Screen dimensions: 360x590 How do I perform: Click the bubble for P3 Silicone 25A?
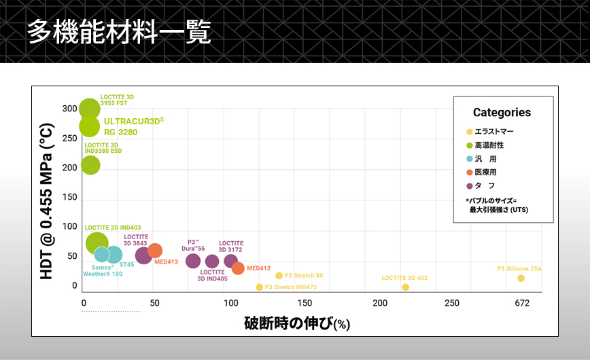pyautogui.click(x=521, y=278)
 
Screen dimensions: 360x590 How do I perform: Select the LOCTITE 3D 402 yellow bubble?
pyautogui.click(x=406, y=287)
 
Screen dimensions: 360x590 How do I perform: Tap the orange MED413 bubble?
pyautogui.click(x=155, y=251)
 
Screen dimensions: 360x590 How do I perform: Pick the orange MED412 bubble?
pyautogui.click(x=238, y=268)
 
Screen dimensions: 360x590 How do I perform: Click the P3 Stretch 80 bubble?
pyautogui.click(x=279, y=275)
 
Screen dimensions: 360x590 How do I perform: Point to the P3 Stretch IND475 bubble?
pyautogui.click(x=259, y=287)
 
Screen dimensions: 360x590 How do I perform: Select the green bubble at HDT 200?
pyautogui.click(x=90, y=164)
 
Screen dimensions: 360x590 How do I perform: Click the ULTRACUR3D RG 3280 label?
pyautogui.click(x=133, y=126)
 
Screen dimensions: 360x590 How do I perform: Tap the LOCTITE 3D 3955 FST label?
pyautogui.click(x=117, y=100)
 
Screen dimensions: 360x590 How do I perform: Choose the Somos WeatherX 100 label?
pyautogui.click(x=103, y=270)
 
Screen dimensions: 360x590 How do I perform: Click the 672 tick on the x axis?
pyautogui.click(x=522, y=303)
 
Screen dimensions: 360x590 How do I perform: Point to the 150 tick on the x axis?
pyautogui.click(x=306, y=303)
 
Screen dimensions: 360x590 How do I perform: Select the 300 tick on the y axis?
pyautogui.click(x=69, y=109)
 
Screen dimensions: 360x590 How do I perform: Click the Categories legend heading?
pyautogui.click(x=502, y=113)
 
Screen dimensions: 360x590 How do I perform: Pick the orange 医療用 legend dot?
pyautogui.click(x=469, y=173)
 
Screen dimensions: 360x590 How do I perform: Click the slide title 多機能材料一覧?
pyautogui.click(x=119, y=32)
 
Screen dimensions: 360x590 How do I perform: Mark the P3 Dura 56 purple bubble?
pyautogui.click(x=193, y=261)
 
